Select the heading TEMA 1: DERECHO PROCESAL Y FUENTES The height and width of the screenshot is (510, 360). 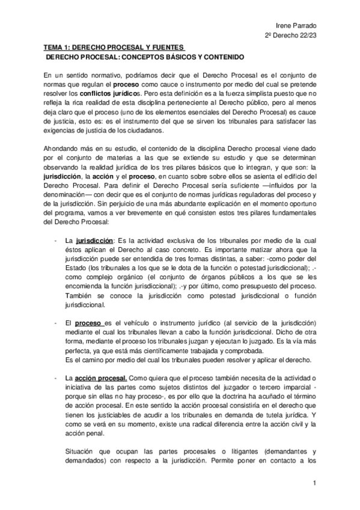pos(114,47)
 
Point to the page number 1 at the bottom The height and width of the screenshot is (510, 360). pos(314,484)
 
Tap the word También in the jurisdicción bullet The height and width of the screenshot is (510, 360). pos(79,296)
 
